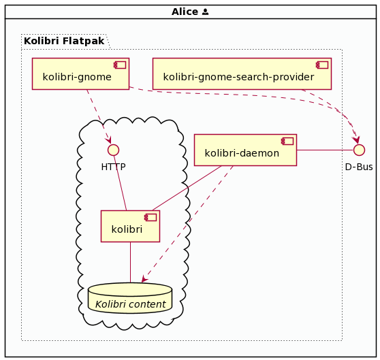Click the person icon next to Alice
tap(205, 12)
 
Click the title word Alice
tap(185, 12)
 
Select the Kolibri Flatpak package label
tap(64, 41)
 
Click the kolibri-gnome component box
tap(81, 74)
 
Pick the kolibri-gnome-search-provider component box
tap(242, 74)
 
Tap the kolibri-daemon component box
tap(245, 150)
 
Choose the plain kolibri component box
tap(130, 226)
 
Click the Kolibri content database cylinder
tap(130, 298)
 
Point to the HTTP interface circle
tap(114, 150)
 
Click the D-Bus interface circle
tap(359, 150)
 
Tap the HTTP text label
tap(114, 167)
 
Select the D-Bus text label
tap(359, 167)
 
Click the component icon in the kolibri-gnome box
tap(120, 65)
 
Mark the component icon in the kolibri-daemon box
tap(287, 142)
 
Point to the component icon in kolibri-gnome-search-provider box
tap(322, 65)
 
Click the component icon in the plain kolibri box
tap(151, 217)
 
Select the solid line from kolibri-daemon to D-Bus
tap(326, 150)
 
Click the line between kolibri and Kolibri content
tap(130, 262)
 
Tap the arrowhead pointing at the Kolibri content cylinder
tap(144, 279)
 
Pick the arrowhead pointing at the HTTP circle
tap(108, 140)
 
